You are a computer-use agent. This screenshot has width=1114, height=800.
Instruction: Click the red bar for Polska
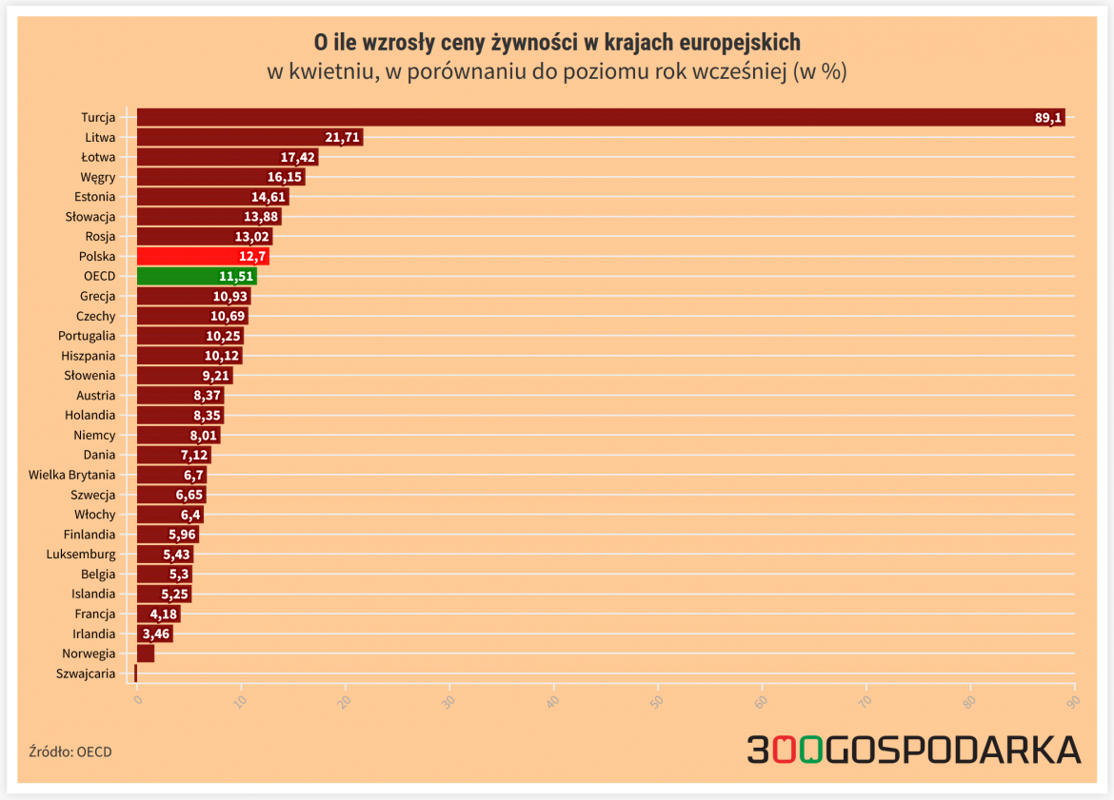coord(202,257)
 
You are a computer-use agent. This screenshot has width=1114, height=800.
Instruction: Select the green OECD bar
coord(196,277)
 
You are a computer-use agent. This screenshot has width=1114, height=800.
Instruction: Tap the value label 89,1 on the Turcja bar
coord(1047,118)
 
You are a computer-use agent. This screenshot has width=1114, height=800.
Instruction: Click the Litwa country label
coord(100,138)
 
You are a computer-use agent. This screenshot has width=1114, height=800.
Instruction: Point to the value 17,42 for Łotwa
coord(297,158)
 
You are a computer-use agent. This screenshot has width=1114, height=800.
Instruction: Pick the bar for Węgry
coord(221,177)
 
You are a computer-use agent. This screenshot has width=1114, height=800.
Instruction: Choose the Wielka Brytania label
coord(72,475)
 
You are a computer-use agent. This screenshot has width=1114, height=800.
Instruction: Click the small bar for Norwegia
coord(146,654)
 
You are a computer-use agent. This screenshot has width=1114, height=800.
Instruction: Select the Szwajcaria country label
coord(86,673)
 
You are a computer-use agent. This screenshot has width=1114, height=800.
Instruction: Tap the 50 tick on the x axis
coord(657,701)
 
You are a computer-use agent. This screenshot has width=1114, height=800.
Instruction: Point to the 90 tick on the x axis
coord(1073,701)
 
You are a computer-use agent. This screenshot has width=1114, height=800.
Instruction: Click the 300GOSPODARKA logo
coord(913,750)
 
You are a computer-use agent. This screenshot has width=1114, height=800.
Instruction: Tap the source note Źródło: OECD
coord(70,751)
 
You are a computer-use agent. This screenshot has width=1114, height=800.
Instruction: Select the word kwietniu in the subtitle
coord(330,72)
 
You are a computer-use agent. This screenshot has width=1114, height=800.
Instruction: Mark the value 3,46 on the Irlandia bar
coord(155,634)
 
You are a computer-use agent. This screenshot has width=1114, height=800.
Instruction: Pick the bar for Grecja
coord(193,297)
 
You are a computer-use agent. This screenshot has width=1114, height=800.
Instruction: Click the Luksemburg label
coord(81,554)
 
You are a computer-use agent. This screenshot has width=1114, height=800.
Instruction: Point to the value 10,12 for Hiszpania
coord(222,356)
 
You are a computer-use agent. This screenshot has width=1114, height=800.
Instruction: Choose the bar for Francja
coord(158,614)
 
